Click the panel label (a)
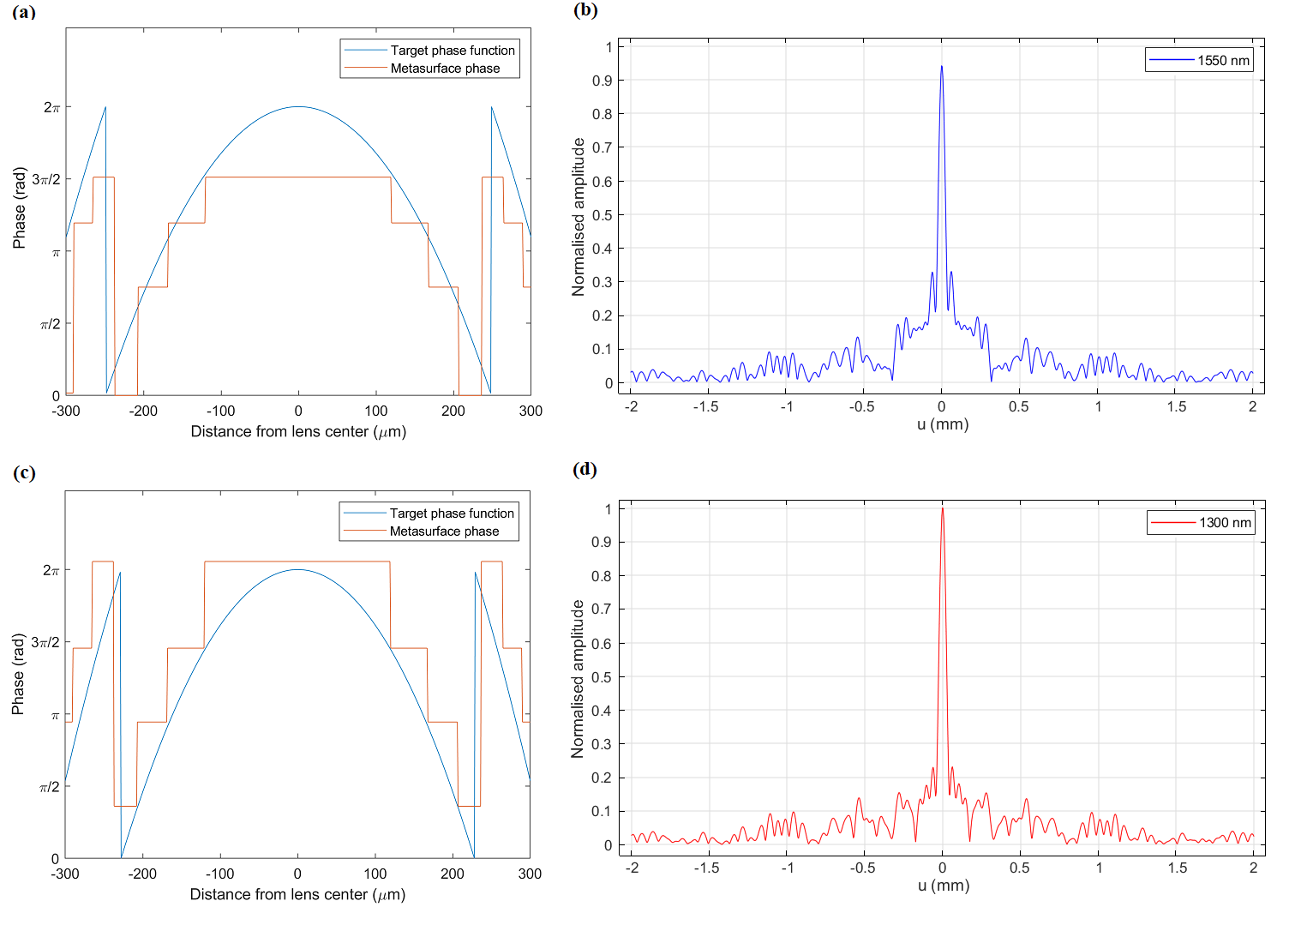(x=24, y=11)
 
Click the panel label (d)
(x=585, y=469)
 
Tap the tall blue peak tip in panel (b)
(x=941, y=67)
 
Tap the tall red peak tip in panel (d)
(x=942, y=508)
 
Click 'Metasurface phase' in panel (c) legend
(x=444, y=532)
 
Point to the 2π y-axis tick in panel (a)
(x=52, y=107)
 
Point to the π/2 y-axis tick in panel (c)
(x=51, y=787)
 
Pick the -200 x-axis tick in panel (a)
(x=143, y=411)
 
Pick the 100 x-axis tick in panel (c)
(x=375, y=874)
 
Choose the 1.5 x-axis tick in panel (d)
(x=1177, y=868)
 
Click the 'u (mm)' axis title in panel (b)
(x=942, y=424)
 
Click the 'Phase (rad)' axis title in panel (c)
(x=18, y=675)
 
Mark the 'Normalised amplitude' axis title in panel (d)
(x=578, y=678)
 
